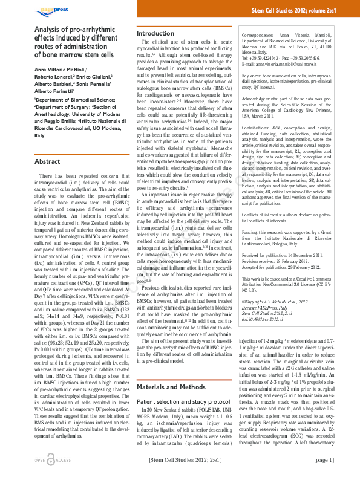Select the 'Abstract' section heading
(47, 163)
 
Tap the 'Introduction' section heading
(155, 33)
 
